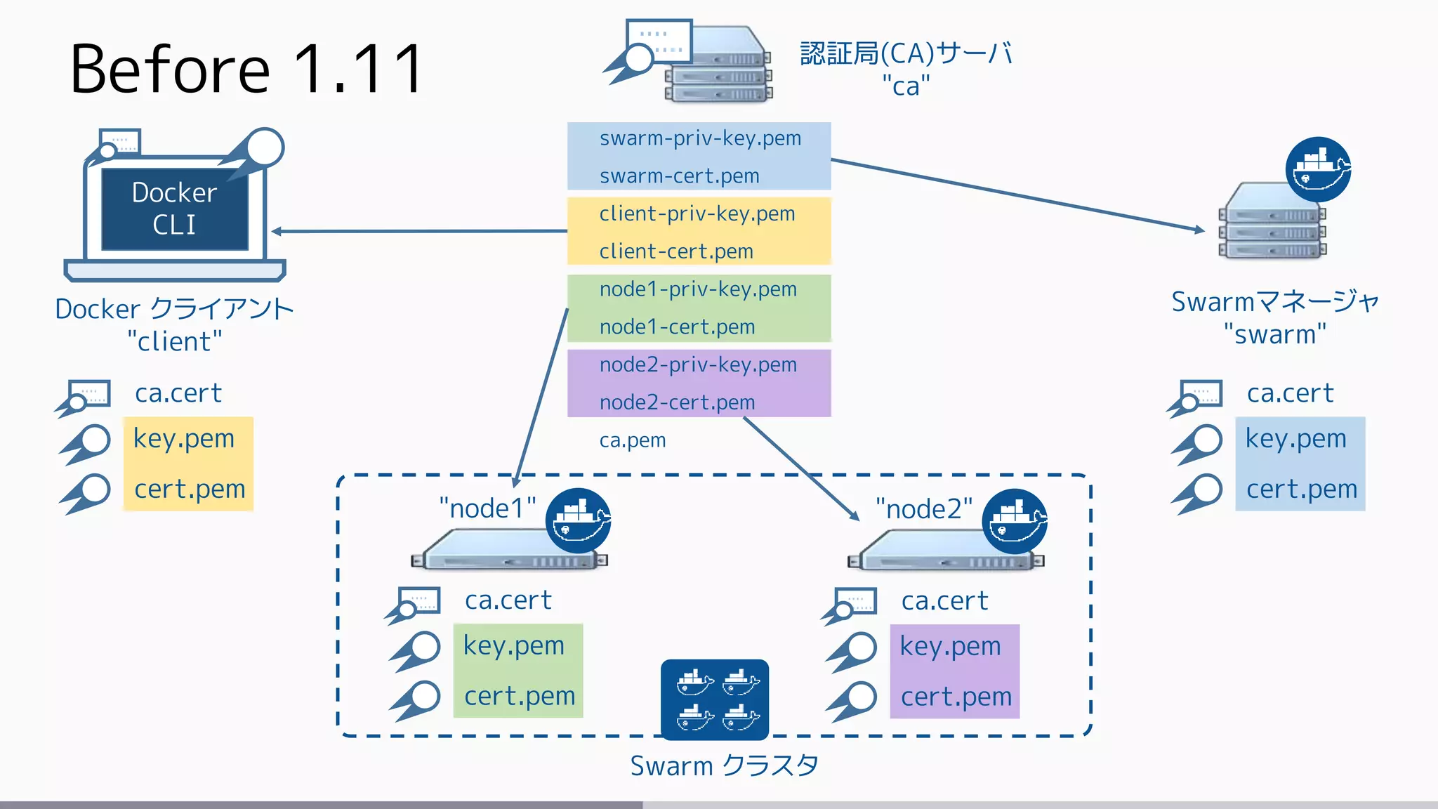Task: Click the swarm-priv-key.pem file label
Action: (x=700, y=138)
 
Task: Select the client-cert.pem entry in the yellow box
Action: (x=675, y=251)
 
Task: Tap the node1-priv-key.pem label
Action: (x=698, y=289)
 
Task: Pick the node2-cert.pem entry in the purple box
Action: (x=677, y=402)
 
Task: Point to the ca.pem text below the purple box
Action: (x=632, y=440)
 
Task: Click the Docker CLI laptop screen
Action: (x=175, y=209)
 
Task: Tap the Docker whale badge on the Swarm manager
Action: (x=1318, y=169)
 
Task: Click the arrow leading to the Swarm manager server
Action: (x=1018, y=195)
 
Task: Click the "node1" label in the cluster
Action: (x=487, y=508)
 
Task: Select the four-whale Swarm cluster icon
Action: (x=715, y=699)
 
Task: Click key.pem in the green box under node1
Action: (x=513, y=645)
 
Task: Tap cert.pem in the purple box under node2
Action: (x=956, y=697)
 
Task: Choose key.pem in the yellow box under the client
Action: (x=184, y=438)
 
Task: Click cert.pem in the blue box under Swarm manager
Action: (x=1301, y=489)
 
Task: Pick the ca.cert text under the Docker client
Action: (x=178, y=393)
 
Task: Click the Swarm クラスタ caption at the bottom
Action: (x=724, y=765)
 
